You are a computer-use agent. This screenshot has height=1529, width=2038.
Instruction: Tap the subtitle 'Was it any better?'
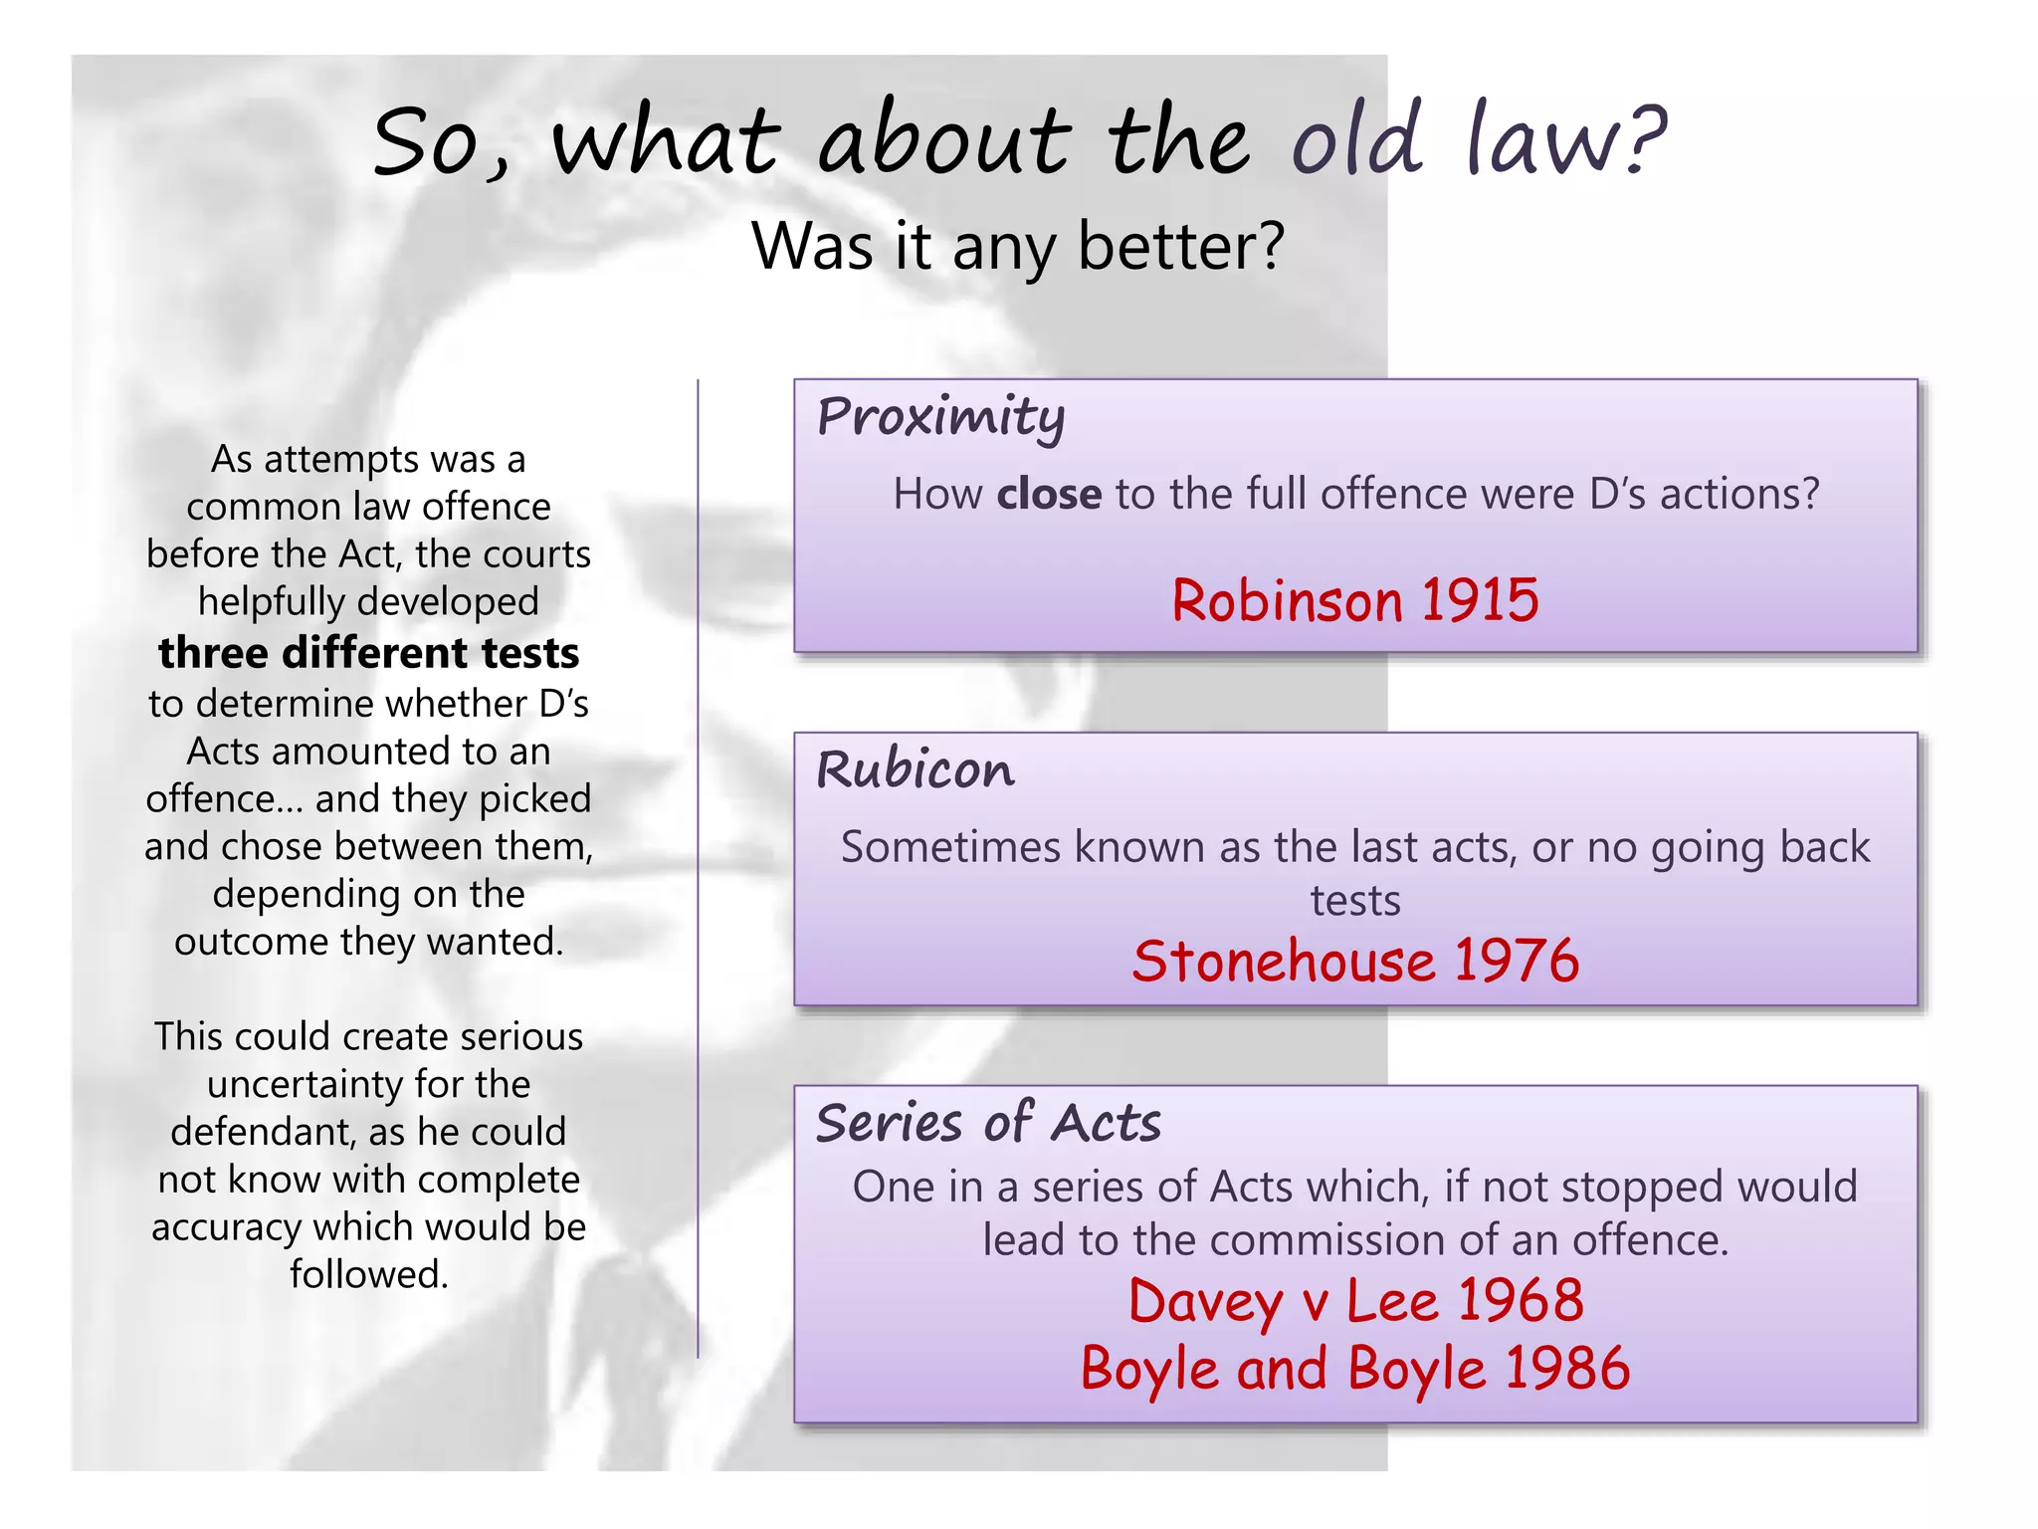coord(1018,246)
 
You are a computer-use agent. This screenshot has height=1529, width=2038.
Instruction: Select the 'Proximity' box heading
coord(940,416)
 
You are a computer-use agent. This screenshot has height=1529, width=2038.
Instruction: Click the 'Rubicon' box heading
coord(916,769)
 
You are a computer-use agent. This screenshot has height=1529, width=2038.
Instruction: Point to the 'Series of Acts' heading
coord(988,1123)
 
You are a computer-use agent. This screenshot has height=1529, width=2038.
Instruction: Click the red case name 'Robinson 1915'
coord(1354,600)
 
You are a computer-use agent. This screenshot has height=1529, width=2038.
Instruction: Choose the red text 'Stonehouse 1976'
coord(1355,961)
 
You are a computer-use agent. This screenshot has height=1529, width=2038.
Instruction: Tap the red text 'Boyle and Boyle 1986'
coord(1355,1368)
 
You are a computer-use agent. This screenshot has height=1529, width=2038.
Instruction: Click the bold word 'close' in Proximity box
coord(1049,494)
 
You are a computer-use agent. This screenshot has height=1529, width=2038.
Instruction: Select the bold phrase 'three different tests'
coord(368,653)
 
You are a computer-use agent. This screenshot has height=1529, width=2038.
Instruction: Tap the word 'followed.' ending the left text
coord(369,1274)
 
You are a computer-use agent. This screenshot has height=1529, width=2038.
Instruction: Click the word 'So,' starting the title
coord(441,143)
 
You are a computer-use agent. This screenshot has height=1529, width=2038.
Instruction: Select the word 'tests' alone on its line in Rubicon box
coord(1355,901)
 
